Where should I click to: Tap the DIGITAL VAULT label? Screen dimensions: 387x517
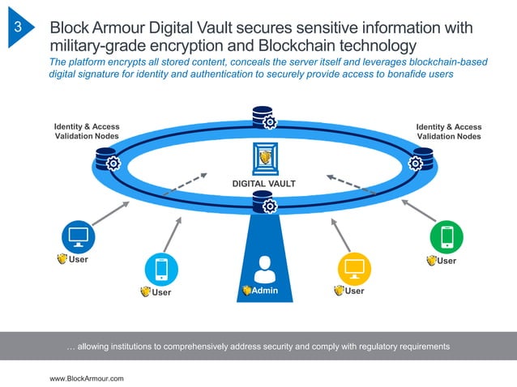pos(264,184)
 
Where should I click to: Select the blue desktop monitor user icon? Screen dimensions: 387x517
pos(79,236)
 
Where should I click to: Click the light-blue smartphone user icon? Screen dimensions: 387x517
pos(160,269)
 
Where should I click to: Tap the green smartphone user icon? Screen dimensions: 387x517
pos(446,236)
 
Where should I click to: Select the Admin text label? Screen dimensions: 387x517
pos(264,290)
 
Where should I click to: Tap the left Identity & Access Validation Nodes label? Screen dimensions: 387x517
pos(86,132)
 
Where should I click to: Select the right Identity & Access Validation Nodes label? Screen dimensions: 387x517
pos(448,132)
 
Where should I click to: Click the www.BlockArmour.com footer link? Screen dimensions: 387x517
pos(88,378)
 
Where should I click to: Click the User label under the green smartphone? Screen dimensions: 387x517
pos(446,261)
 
